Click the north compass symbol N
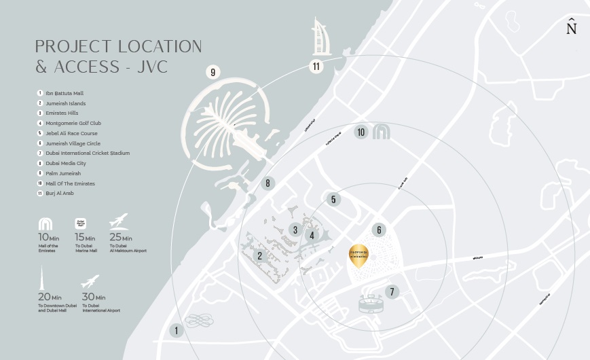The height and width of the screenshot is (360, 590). (571, 28)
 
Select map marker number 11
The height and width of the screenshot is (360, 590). (316, 66)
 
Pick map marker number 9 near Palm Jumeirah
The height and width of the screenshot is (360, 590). (213, 72)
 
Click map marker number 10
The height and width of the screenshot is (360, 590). (361, 132)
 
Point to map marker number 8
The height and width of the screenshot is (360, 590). (268, 183)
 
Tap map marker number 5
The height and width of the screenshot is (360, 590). (333, 199)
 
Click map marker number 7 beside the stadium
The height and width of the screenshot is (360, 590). (391, 292)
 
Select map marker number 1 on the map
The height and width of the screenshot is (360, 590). (177, 331)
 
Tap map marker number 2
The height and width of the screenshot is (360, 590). (259, 255)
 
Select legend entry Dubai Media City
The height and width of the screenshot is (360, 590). (67, 163)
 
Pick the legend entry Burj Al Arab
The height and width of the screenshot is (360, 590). (60, 194)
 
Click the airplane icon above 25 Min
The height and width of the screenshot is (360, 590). (118, 221)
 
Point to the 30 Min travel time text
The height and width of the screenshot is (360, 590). (93, 297)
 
